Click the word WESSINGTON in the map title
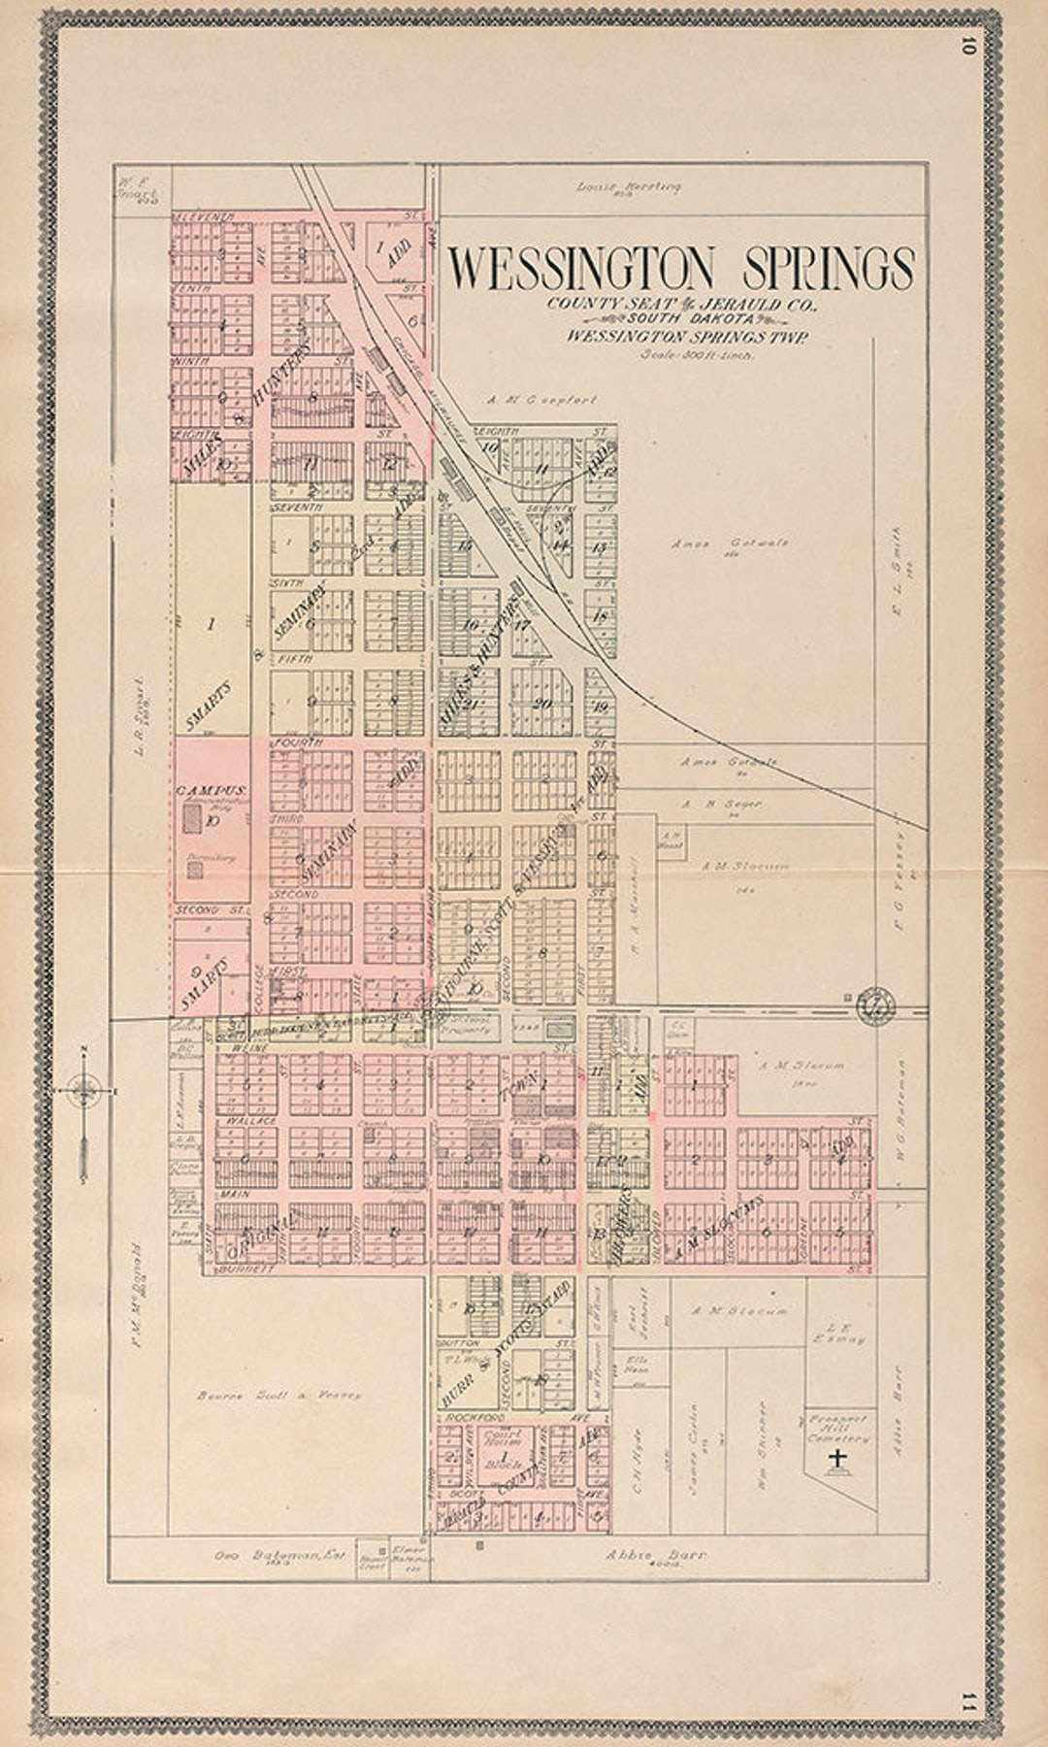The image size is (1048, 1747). (x=586, y=269)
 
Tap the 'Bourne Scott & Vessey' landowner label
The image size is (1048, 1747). (x=278, y=1395)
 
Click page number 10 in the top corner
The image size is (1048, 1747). (x=967, y=46)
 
